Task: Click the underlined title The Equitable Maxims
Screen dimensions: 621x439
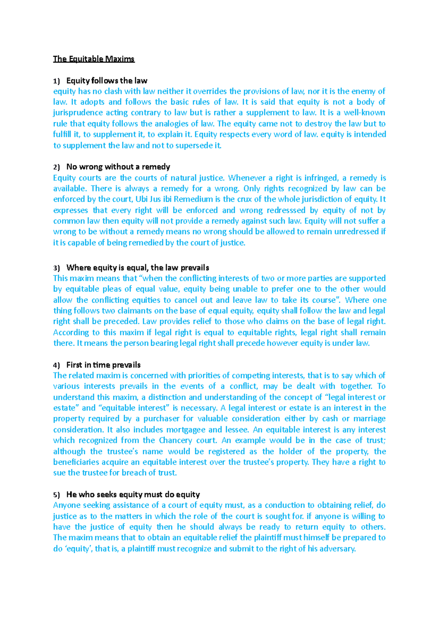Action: click(x=94, y=59)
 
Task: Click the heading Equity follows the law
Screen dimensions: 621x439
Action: click(x=106, y=80)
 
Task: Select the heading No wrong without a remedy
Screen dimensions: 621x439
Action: click(x=118, y=167)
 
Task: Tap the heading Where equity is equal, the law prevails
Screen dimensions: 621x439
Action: click(x=138, y=267)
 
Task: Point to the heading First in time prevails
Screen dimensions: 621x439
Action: click(x=103, y=365)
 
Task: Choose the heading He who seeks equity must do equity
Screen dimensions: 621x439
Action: click(x=133, y=494)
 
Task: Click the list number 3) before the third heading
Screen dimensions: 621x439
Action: click(x=56, y=268)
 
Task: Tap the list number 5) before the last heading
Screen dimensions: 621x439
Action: click(x=56, y=495)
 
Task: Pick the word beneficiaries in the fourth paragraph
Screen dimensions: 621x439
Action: click(x=76, y=462)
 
